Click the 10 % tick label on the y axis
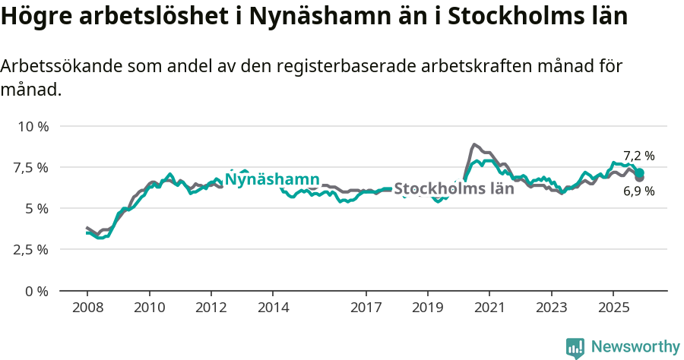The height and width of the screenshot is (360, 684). tap(33, 126)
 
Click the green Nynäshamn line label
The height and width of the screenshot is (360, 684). tap(272, 179)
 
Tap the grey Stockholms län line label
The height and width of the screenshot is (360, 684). tap(454, 188)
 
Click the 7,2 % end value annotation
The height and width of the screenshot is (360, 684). tap(638, 156)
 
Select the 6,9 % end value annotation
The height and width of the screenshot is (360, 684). tap(638, 191)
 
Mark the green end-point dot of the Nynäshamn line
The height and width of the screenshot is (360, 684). tap(640, 172)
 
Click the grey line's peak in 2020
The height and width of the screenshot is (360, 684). tap(474, 144)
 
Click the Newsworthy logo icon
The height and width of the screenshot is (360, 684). tap(575, 347)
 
